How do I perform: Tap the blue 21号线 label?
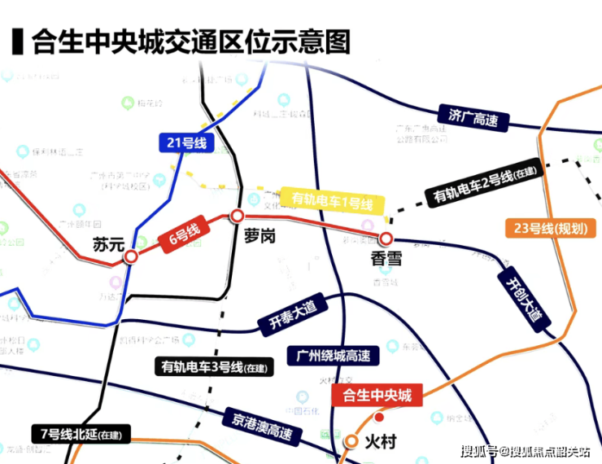(x=186, y=144)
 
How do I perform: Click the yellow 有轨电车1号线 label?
(x=332, y=201)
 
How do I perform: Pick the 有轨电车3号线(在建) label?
(x=213, y=366)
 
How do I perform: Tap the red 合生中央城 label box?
(x=377, y=396)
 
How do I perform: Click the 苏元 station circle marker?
(x=130, y=257)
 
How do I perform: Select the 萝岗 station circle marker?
(x=237, y=216)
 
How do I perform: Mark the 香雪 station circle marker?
(x=386, y=239)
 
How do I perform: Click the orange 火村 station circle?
(x=351, y=442)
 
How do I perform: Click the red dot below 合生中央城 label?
(x=378, y=418)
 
